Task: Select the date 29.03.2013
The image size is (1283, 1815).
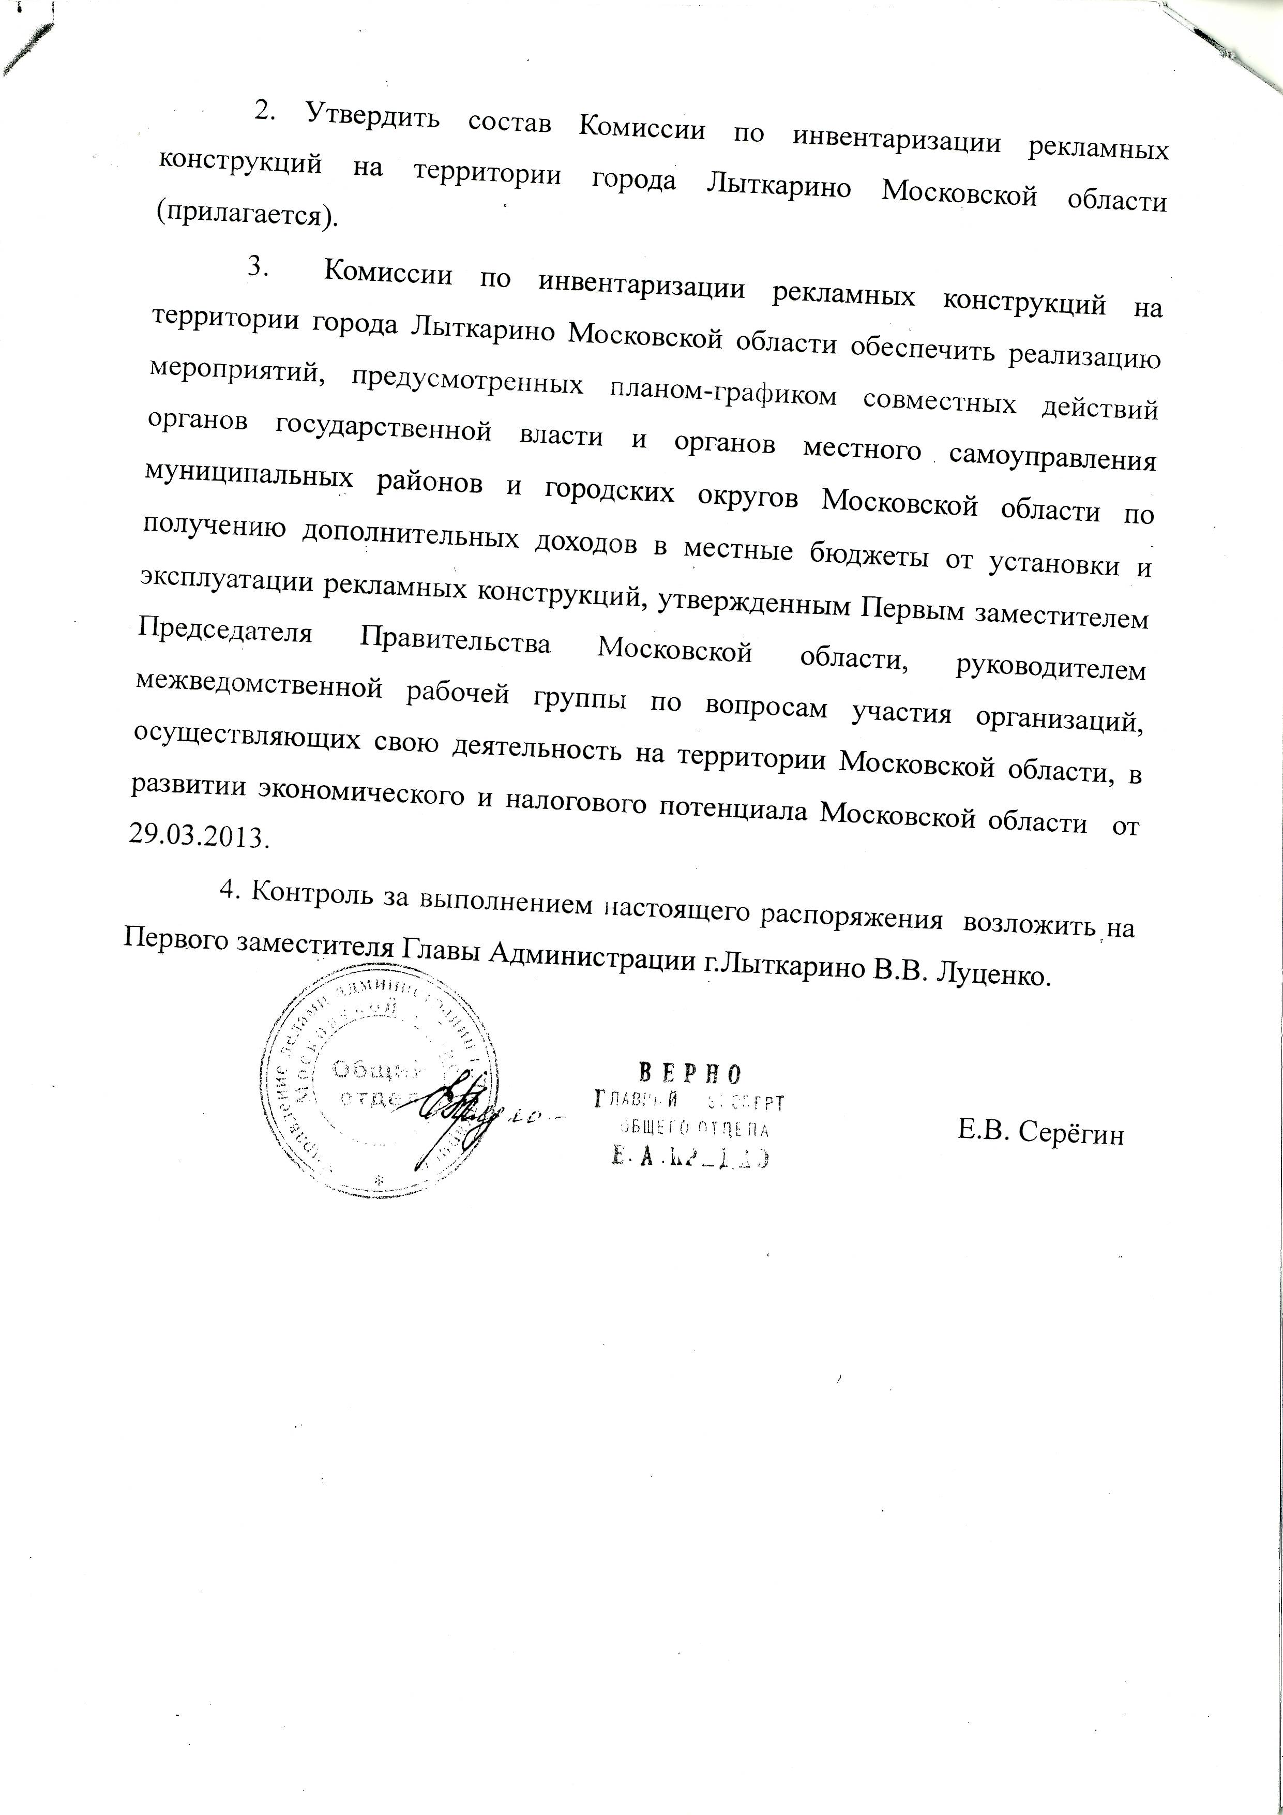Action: tap(198, 836)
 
